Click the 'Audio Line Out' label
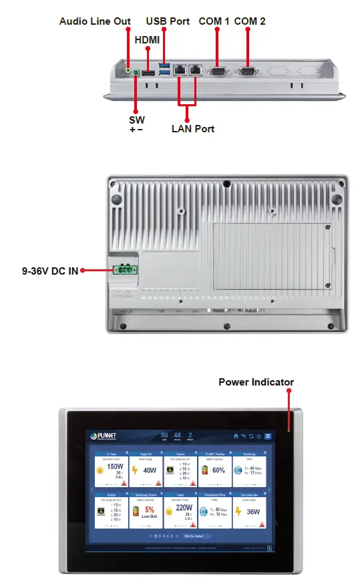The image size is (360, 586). click(95, 21)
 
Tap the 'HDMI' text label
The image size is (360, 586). click(147, 40)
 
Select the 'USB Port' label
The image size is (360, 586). click(168, 21)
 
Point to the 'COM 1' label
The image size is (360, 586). click(214, 21)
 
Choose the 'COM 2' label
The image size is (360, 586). click(250, 21)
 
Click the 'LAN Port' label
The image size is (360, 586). click(193, 128)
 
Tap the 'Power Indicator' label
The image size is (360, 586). click(256, 382)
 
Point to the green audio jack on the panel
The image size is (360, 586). click(129, 67)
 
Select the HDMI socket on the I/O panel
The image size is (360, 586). click(148, 70)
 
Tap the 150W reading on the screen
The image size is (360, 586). click(114, 467)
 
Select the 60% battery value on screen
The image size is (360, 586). click(218, 470)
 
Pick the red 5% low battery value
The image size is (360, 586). click(150, 509)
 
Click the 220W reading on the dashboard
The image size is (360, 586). click(184, 508)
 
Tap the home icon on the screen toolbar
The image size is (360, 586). click(236, 436)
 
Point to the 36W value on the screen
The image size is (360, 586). click(253, 511)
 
